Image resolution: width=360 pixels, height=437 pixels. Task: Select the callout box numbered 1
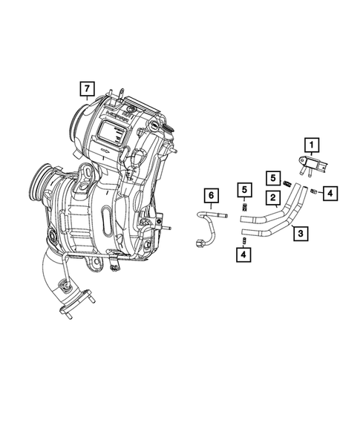(x=312, y=145)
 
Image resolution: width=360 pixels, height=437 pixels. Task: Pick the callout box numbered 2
(x=274, y=197)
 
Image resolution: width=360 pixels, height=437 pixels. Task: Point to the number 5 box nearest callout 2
(x=274, y=177)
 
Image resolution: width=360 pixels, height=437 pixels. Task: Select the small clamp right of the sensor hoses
(x=314, y=193)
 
